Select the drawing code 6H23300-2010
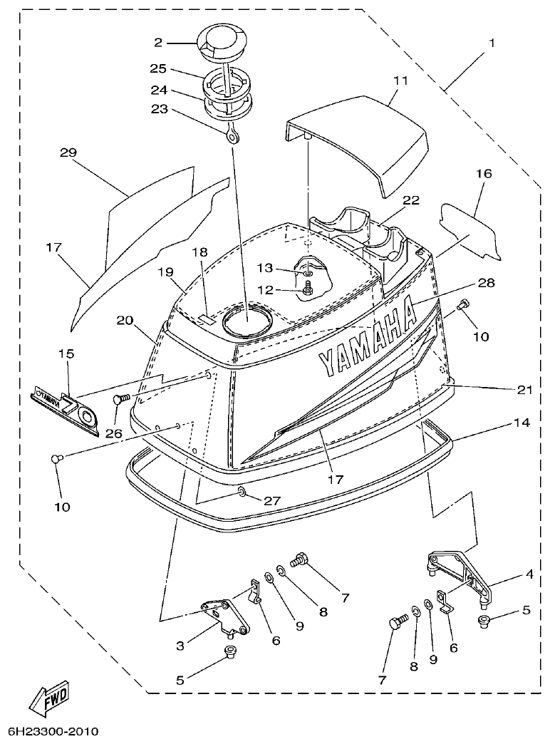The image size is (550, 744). click(53, 732)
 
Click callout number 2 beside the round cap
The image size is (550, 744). click(158, 43)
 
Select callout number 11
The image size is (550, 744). click(400, 81)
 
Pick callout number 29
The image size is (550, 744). click(68, 153)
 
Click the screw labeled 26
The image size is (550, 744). click(120, 401)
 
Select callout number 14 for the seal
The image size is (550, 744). click(521, 423)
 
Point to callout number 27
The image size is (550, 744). click(272, 501)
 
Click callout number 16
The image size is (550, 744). click(484, 173)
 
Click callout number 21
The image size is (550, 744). click(526, 389)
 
